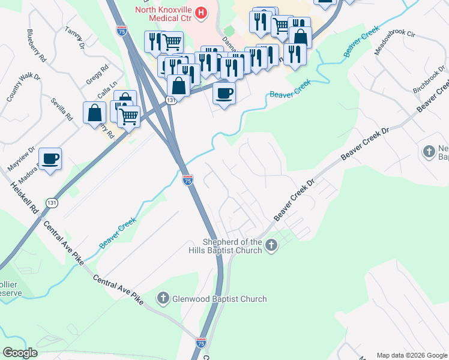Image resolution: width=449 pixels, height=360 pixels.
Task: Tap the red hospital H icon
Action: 202,11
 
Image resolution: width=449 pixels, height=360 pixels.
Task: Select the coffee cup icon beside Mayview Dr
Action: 50,159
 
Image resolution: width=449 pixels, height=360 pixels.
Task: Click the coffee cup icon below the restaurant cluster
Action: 224,94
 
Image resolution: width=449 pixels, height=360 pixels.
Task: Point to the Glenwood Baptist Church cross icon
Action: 163,298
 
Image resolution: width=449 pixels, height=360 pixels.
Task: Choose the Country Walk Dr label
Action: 15,88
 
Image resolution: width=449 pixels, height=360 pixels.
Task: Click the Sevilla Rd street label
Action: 61,109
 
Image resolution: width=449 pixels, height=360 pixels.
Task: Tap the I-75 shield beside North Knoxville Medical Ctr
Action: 122,31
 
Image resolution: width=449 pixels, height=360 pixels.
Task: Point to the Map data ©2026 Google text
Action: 412,355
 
